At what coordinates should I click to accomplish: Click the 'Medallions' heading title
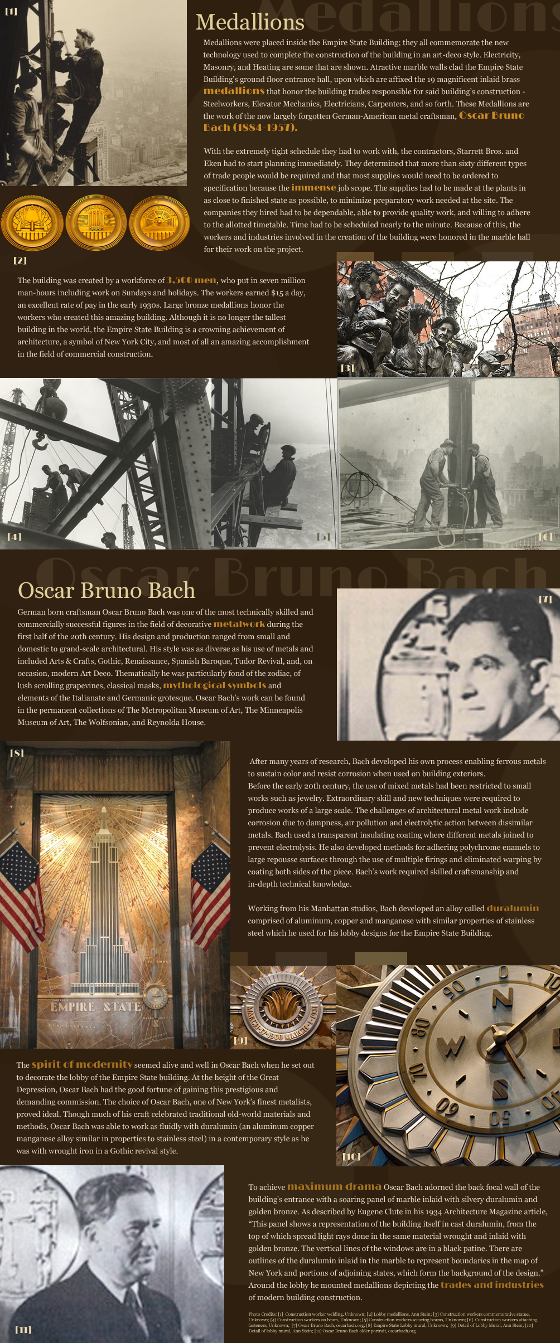pos(250,22)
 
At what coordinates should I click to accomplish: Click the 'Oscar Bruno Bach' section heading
pos(107,591)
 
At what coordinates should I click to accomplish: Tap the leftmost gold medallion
pos(32,223)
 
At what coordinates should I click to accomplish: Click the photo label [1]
pos(11,11)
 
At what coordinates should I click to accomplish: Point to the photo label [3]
pos(347,368)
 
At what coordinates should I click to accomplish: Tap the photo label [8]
pos(17,753)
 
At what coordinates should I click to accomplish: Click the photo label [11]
pos(23,1329)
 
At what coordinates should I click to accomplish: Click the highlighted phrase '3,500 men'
pos(191,280)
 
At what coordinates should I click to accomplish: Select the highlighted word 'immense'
pos(313,188)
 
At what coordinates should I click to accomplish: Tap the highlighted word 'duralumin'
pos(513,908)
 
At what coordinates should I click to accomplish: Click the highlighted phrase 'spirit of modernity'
pos(82,1064)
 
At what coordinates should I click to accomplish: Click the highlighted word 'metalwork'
pos(239,624)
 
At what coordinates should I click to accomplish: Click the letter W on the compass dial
pos(451,1046)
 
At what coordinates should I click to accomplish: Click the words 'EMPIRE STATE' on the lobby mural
pos(95,1007)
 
